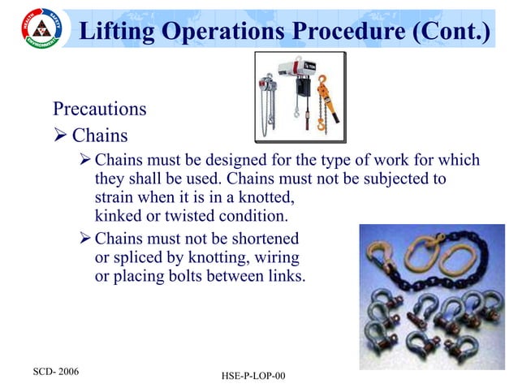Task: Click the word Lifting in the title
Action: (121, 32)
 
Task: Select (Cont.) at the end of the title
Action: (448, 32)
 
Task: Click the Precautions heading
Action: (99, 108)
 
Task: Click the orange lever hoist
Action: (327, 101)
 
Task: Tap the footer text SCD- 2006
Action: (55, 369)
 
